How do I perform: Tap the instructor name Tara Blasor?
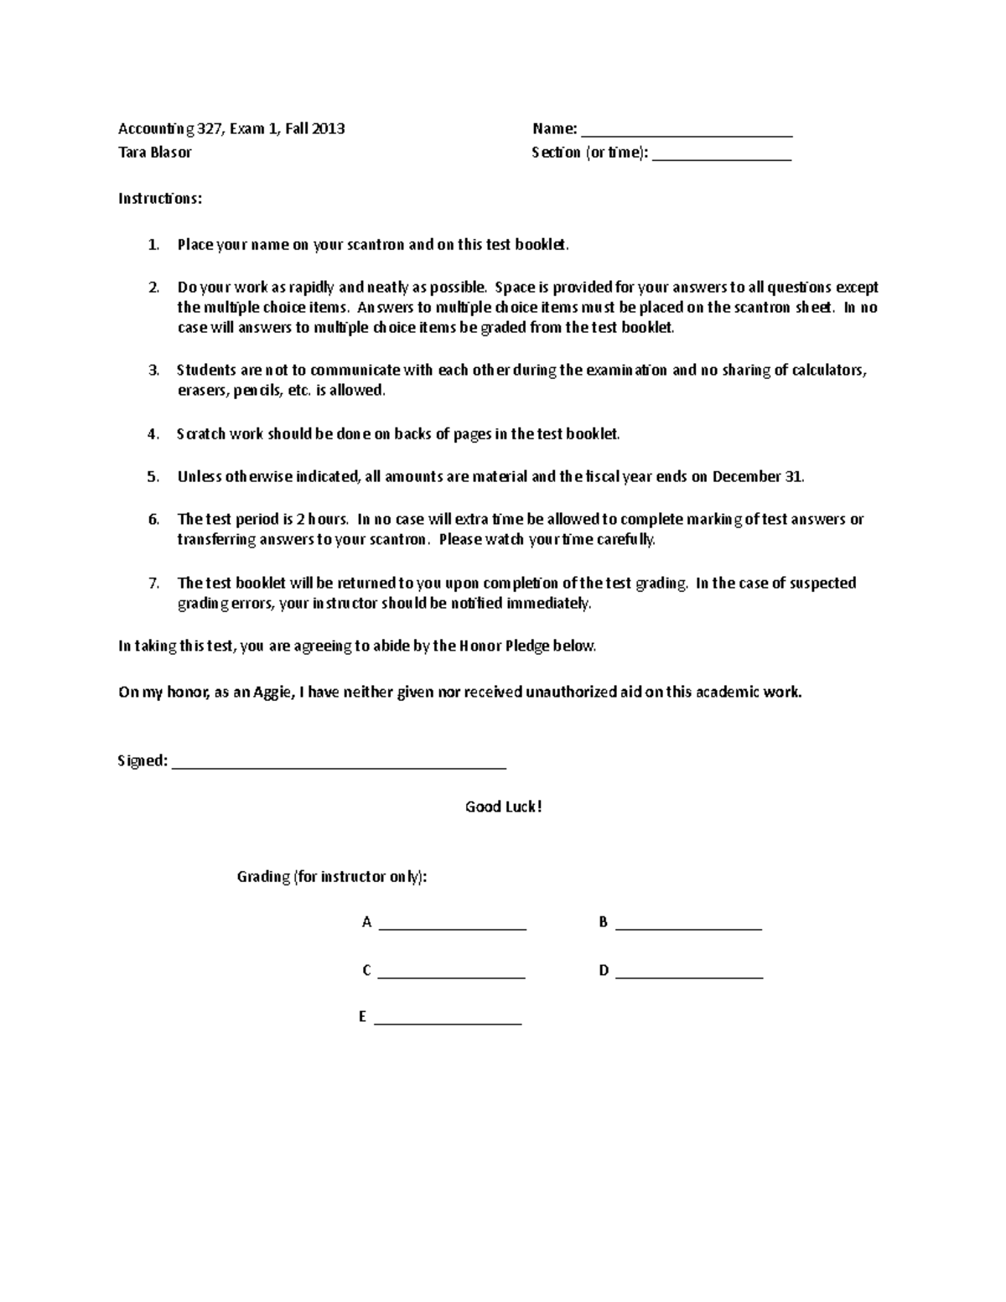155,153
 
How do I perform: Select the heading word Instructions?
159,199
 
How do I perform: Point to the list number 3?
153,371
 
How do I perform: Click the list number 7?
153,584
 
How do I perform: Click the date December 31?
757,477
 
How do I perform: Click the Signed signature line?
339,765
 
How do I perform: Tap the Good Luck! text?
503,807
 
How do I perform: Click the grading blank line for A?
452,927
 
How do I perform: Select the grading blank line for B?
688,927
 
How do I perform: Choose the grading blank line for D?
688,976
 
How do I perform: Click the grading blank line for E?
448,1022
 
